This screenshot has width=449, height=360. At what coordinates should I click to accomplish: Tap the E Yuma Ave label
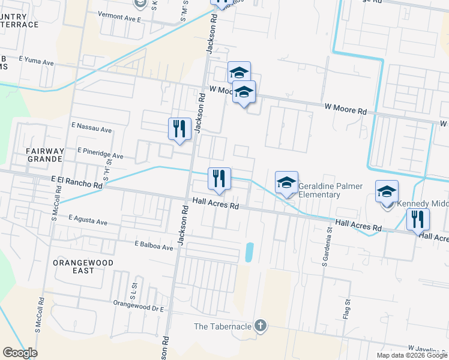coord(37,61)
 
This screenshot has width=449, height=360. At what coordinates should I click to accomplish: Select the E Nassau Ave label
coord(91,128)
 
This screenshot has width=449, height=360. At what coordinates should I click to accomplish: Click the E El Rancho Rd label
coord(77,182)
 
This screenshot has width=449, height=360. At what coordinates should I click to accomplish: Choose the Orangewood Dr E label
coord(139,304)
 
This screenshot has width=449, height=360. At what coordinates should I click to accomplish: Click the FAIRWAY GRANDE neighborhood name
coord(44,155)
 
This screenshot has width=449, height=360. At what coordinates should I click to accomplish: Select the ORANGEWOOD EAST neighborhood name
coord(82,266)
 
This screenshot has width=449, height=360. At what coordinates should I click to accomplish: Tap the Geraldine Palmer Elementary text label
coord(330,190)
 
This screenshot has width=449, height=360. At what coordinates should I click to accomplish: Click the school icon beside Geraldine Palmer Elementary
coord(287,182)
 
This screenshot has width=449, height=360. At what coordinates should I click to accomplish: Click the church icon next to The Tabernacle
coord(260,326)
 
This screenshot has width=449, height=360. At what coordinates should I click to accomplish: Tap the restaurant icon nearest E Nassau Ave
coord(179,128)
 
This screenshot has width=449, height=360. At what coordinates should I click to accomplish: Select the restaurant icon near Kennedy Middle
coord(418,219)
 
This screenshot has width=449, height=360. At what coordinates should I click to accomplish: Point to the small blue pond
coord(250,251)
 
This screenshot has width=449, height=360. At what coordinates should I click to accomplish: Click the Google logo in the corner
coord(20,353)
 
